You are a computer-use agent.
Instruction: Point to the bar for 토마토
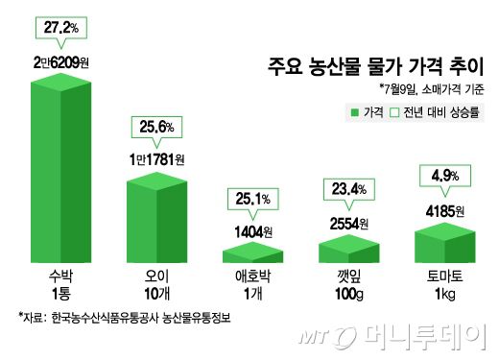tap(445, 240)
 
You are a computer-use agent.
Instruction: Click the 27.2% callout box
tap(61, 30)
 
